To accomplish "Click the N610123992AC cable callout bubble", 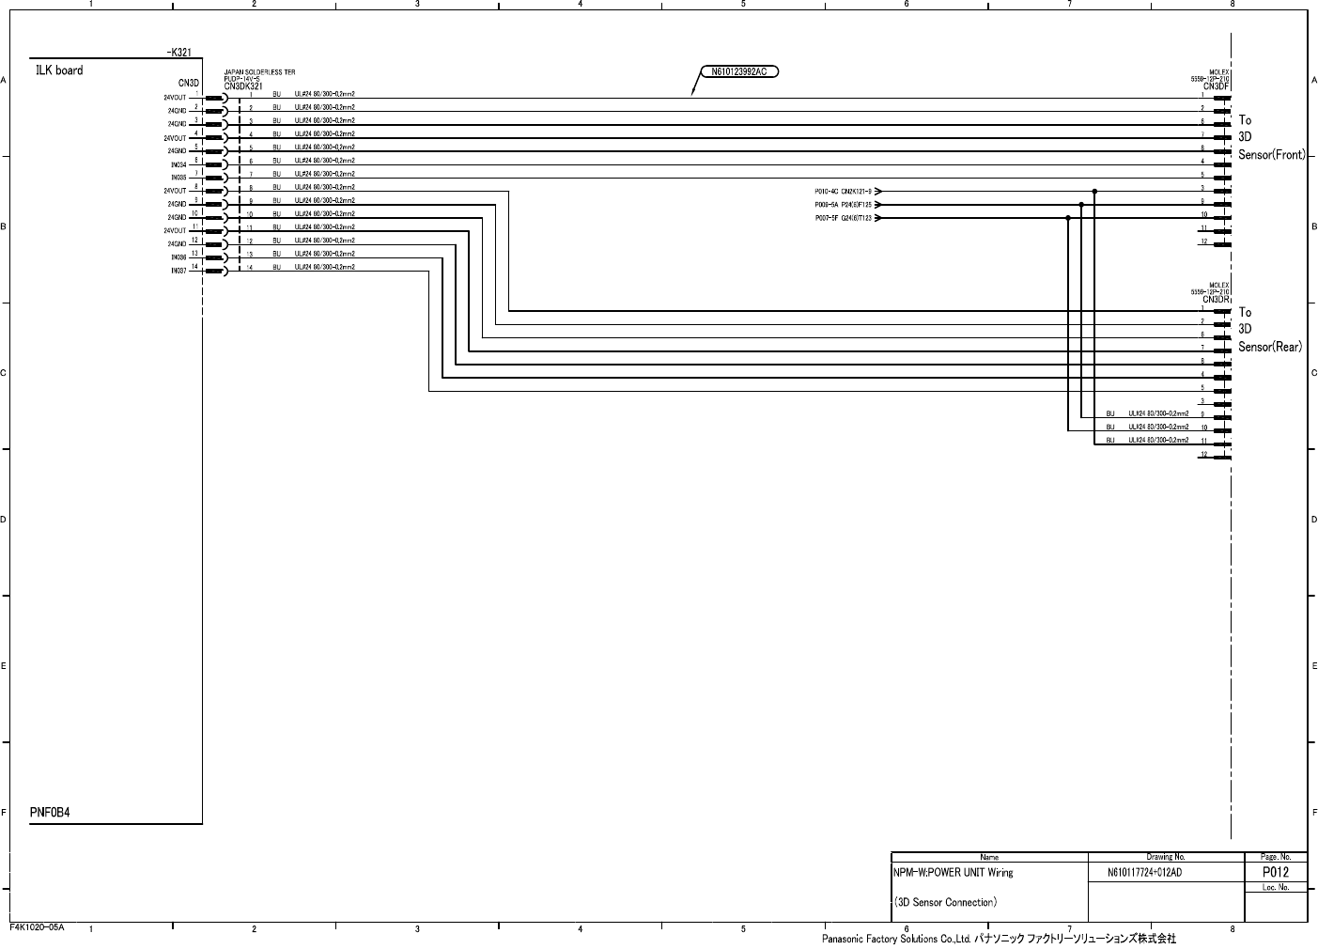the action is pos(741,70).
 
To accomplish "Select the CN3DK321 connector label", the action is pos(243,86).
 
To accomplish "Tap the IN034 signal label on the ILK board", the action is pos(178,164).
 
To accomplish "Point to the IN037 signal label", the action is pos(178,272).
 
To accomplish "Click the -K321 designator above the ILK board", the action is pos(178,53).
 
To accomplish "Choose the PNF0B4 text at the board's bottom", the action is pos(50,813).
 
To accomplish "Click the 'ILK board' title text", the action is pos(59,70).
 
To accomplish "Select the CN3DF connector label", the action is pos(1217,86).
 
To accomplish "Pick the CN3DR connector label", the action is pos(1217,300).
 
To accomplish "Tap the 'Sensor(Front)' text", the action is pos(1272,155).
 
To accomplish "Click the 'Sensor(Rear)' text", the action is pos(1270,347).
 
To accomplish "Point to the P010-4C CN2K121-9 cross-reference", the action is pos(843,191).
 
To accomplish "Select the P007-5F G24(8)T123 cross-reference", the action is pos(843,218).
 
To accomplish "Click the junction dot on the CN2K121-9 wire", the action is pos(1094,191).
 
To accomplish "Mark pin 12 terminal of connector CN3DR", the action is pos(1221,456).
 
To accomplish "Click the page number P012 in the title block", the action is pos(1275,872).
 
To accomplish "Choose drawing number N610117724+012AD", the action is pos(1144,873).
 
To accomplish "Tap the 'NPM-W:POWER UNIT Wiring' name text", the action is pos(954,873).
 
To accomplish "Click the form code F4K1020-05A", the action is pos(38,926).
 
